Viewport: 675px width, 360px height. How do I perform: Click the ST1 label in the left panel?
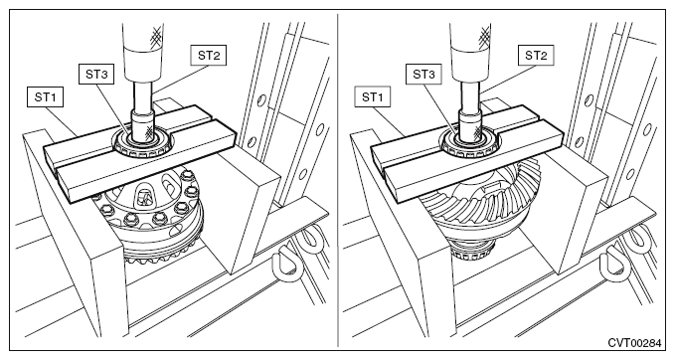pyautogui.click(x=45, y=97)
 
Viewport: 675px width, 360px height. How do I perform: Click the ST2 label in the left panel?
pyautogui.click(x=209, y=55)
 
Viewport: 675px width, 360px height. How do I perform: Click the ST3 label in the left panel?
pyautogui.click(x=96, y=74)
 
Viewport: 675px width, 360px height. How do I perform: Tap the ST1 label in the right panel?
pyautogui.click(x=373, y=97)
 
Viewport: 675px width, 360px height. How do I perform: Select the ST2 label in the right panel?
pyautogui.click(x=536, y=55)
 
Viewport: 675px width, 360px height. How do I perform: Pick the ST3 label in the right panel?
pyautogui.click(x=423, y=74)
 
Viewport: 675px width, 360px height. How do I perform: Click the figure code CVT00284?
pyautogui.click(x=634, y=343)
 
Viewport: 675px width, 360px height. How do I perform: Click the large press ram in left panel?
pyautogui.click(x=143, y=52)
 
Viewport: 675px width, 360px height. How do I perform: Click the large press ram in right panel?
pyautogui.click(x=470, y=52)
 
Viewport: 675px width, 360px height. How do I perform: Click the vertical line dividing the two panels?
pyautogui.click(x=338, y=180)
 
